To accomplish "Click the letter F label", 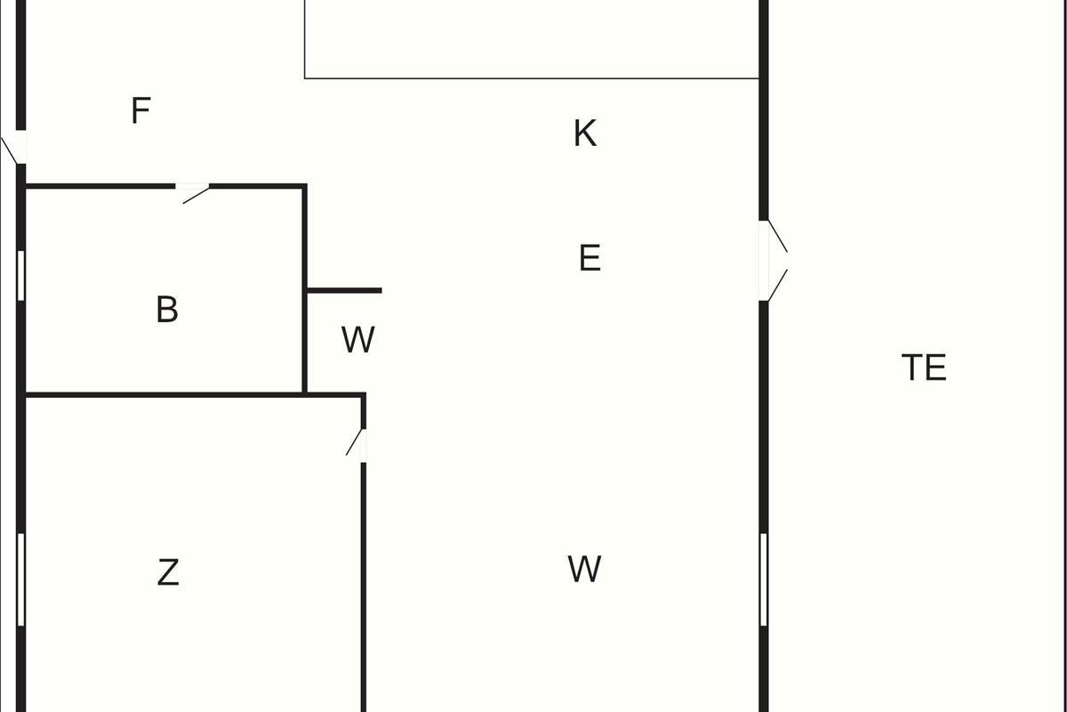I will [140, 111].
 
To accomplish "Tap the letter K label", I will [584, 133].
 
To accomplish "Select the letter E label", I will [590, 258].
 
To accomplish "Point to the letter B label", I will [166, 310].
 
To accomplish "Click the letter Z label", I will [168, 572].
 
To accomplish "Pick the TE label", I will [924, 368].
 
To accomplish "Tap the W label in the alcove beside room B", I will [357, 340].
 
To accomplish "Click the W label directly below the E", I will [584, 569].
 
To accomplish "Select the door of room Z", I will [358, 444].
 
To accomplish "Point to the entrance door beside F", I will [15, 148].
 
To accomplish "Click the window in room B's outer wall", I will [20, 275].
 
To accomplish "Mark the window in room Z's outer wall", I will [20, 578].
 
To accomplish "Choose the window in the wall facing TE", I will [763, 578].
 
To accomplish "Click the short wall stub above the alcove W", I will [344, 290].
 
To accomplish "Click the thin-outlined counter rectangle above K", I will [532, 39].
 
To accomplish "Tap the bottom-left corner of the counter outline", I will [305, 78].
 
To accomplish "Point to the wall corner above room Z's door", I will [364, 395].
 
